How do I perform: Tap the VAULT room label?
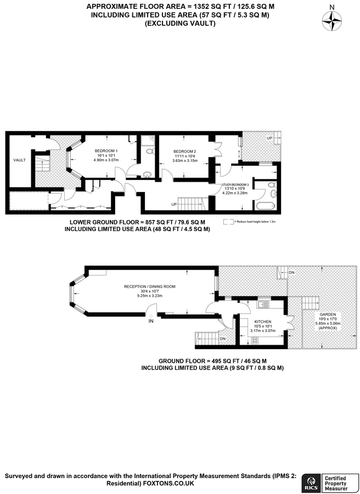tap(20, 160)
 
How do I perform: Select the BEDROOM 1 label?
tap(105, 151)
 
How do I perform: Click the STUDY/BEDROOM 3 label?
tap(235, 184)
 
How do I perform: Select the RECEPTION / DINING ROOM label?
tap(149, 287)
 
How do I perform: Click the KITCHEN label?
tap(262, 321)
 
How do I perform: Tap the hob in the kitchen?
tap(255, 340)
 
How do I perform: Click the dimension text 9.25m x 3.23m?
tap(149, 296)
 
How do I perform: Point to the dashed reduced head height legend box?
tap(227, 222)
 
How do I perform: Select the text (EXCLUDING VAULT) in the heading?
tap(180, 24)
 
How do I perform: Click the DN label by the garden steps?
tap(291, 272)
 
